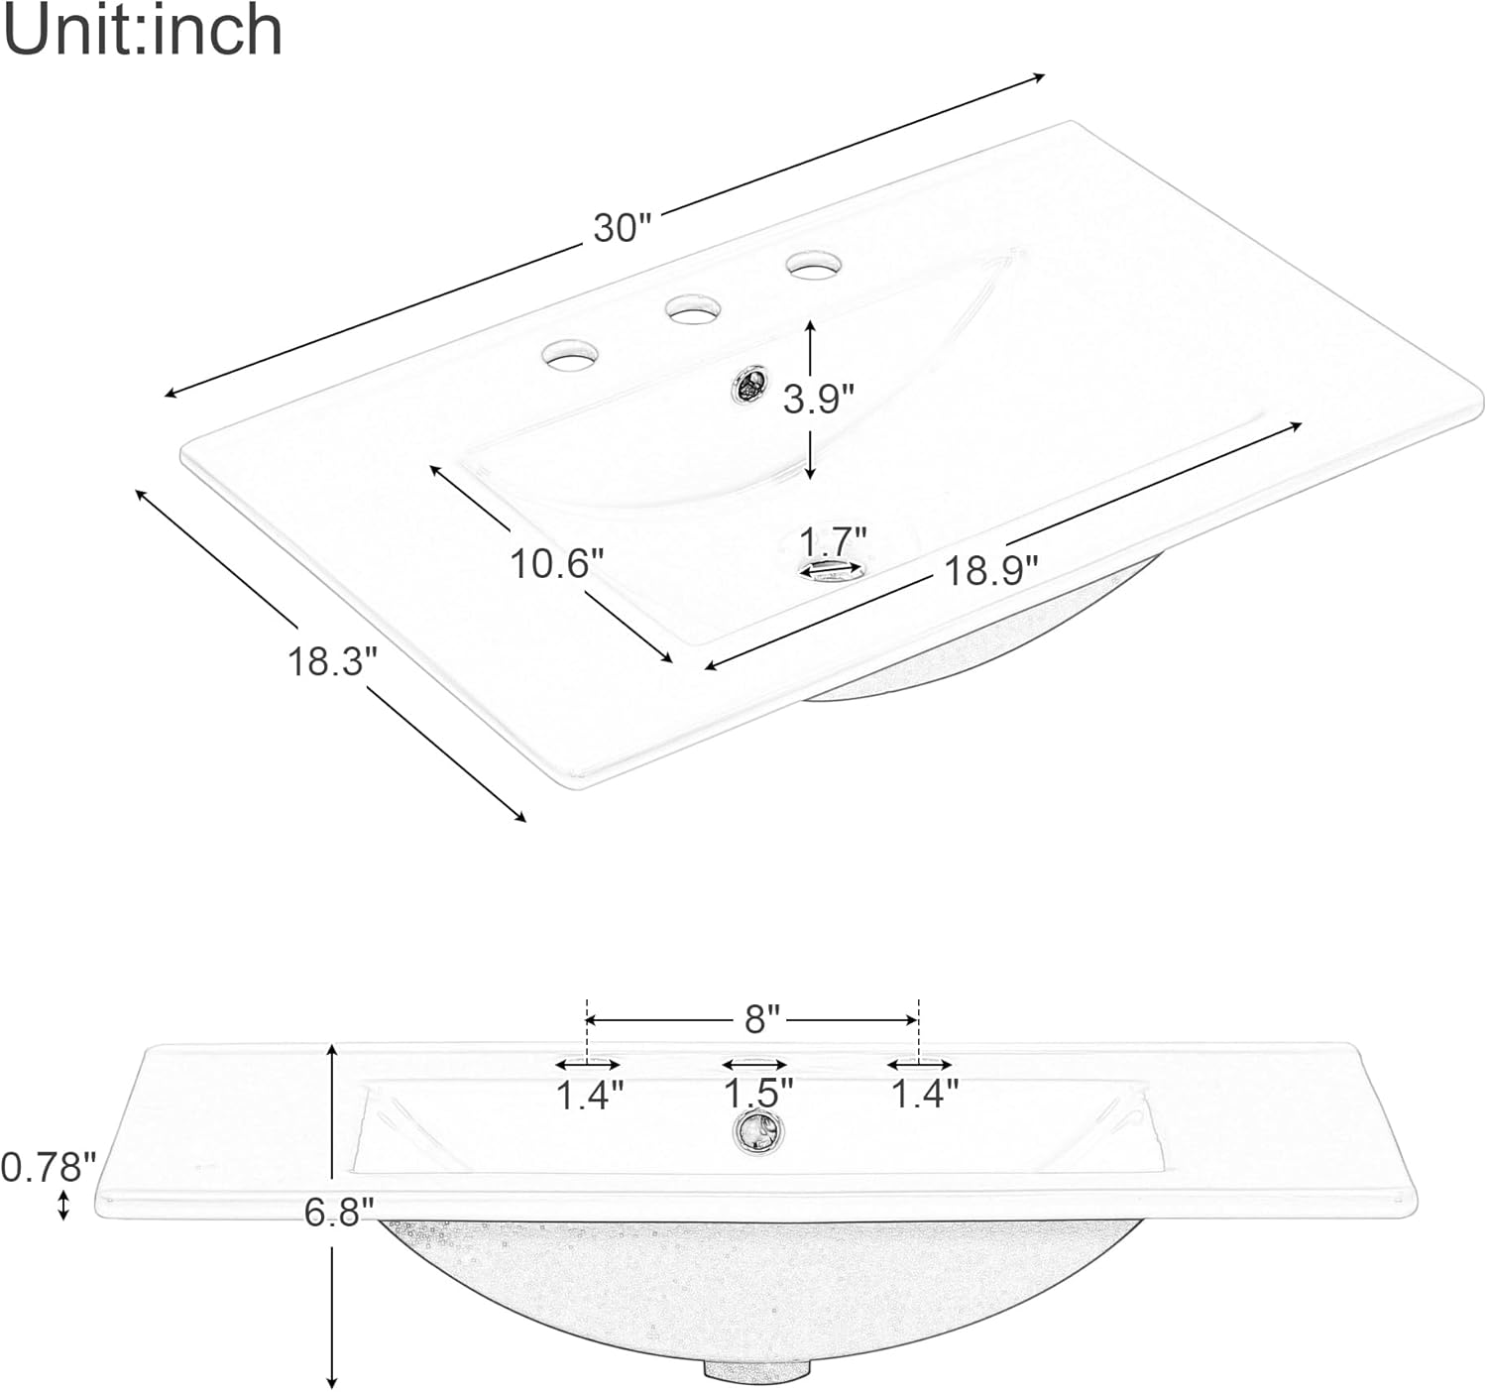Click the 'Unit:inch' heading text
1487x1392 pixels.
pos(143,31)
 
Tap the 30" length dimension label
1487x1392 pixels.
pos(623,227)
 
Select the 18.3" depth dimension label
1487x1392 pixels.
pos(332,661)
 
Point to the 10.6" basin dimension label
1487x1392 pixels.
pos(556,562)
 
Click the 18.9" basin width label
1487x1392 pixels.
pos(991,571)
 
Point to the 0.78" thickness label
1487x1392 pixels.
pos(49,1167)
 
